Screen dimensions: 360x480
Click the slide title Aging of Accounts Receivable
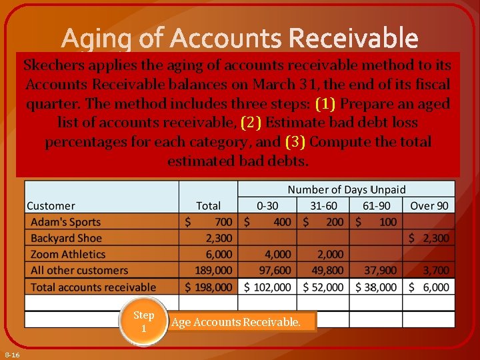pyautogui.click(x=240, y=39)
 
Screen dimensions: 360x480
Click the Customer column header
pyautogui.click(x=51, y=205)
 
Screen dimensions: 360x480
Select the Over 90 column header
pyautogui.click(x=429, y=205)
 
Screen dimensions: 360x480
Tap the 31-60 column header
pyautogui.click(x=323, y=205)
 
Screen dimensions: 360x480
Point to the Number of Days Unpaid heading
pyautogui.click(x=346, y=190)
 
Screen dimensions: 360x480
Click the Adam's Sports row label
pyautogui.click(x=65, y=222)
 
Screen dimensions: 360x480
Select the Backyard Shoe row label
pyautogui.click(x=66, y=238)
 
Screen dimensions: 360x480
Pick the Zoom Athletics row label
pyautogui.click(x=68, y=254)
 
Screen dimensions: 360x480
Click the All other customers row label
pyautogui.click(x=79, y=270)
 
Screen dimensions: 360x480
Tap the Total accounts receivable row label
pyautogui.click(x=93, y=287)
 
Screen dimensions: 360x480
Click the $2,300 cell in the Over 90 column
pyautogui.click(x=429, y=238)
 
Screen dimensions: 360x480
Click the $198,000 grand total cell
pyautogui.click(x=209, y=287)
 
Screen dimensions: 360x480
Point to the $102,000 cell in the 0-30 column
pyautogui.click(x=267, y=287)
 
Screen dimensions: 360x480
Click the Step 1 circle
pyautogui.click(x=143, y=322)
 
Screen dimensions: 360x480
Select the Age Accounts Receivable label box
pyautogui.click(x=241, y=323)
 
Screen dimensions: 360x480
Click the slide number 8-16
pyautogui.click(x=11, y=354)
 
